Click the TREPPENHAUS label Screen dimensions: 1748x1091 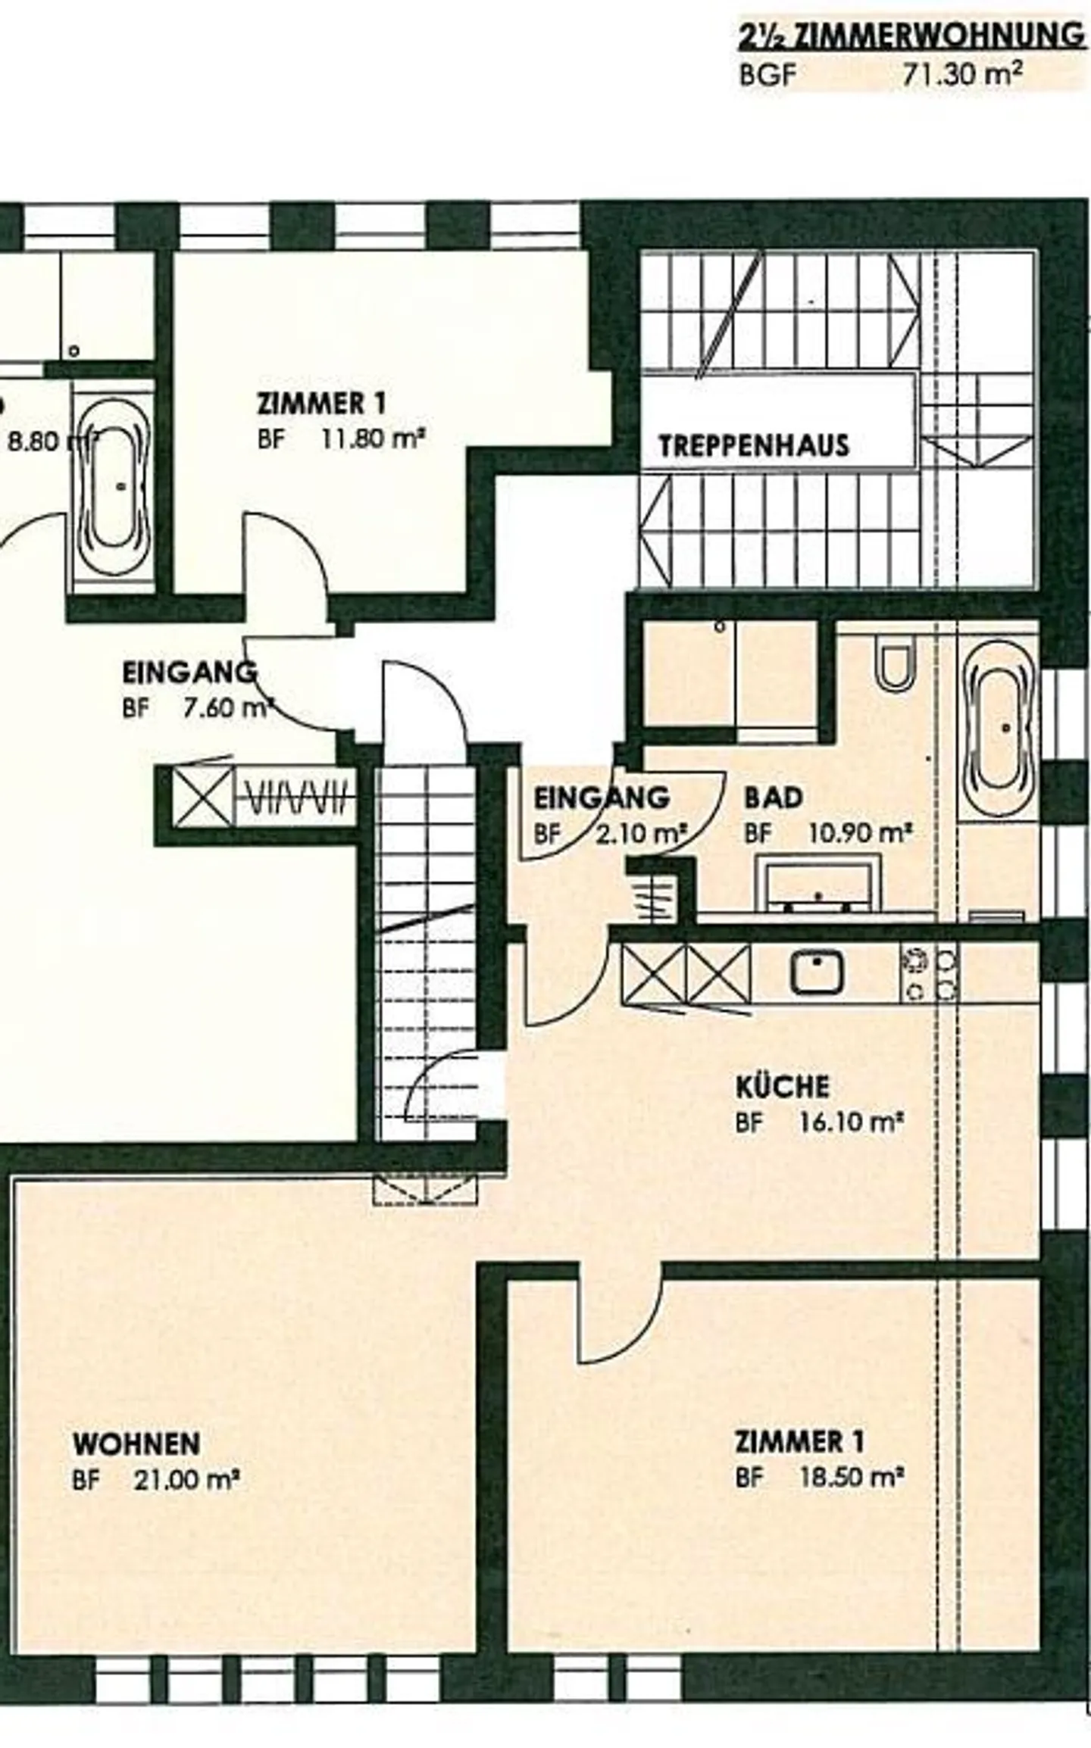click(x=753, y=445)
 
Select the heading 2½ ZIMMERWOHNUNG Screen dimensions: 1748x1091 click(x=911, y=36)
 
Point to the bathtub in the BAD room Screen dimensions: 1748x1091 click(x=999, y=728)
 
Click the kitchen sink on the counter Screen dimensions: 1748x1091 click(x=817, y=972)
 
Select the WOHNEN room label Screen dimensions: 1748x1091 click(x=136, y=1444)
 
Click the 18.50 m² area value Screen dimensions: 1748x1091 click(x=852, y=1477)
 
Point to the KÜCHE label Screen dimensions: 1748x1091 click(x=783, y=1087)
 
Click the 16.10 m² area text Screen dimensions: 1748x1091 click(x=852, y=1122)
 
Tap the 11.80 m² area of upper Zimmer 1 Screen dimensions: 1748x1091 click(x=371, y=439)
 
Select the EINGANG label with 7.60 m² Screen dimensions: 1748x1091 click(x=189, y=673)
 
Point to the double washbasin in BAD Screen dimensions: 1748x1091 click(x=817, y=885)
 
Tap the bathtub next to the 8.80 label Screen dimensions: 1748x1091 click(x=114, y=485)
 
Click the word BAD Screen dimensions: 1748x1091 click(x=773, y=798)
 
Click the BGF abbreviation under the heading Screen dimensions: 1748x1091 click(x=767, y=75)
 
